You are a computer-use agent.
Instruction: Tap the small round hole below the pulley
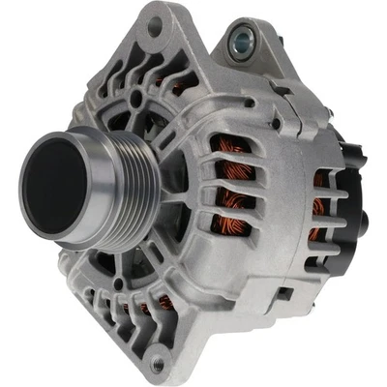(118, 284)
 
